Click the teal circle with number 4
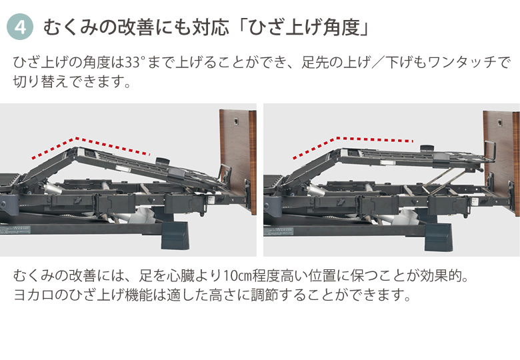(x=20, y=27)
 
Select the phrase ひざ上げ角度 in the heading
(x=304, y=27)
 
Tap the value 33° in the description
(x=135, y=62)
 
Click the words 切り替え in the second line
(x=34, y=81)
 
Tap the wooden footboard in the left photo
(x=238, y=159)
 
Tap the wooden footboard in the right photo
(x=501, y=159)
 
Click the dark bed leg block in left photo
(x=175, y=235)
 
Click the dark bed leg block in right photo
(x=438, y=237)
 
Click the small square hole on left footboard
(x=236, y=121)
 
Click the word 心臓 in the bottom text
(x=181, y=276)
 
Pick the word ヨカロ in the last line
(x=34, y=295)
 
